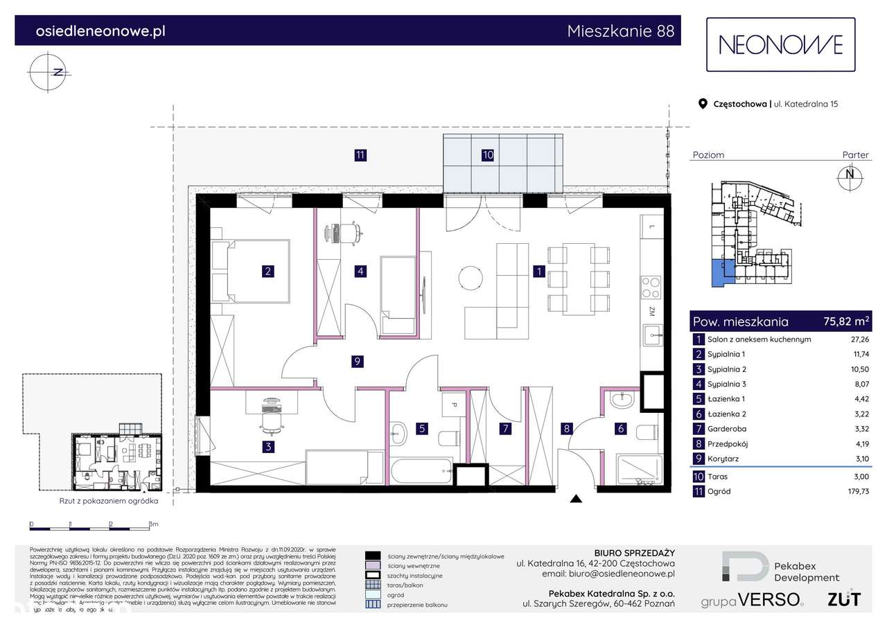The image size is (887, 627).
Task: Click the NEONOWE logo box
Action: pyautogui.click(x=780, y=44)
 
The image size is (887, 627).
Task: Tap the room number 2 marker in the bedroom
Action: pyautogui.click(x=267, y=272)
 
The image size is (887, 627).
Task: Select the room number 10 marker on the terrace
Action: pyautogui.click(x=488, y=155)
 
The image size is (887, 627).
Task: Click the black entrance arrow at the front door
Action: pyautogui.click(x=574, y=498)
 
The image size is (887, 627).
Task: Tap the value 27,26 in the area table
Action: pyautogui.click(x=859, y=339)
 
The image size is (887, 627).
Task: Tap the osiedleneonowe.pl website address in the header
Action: pyautogui.click(x=100, y=31)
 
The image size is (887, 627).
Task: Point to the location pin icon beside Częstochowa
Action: pyautogui.click(x=702, y=105)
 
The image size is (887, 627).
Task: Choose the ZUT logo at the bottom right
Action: pyautogui.click(x=844, y=599)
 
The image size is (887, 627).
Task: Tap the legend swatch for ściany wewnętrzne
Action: pyautogui.click(x=373, y=565)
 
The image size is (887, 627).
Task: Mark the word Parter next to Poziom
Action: pyautogui.click(x=855, y=155)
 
